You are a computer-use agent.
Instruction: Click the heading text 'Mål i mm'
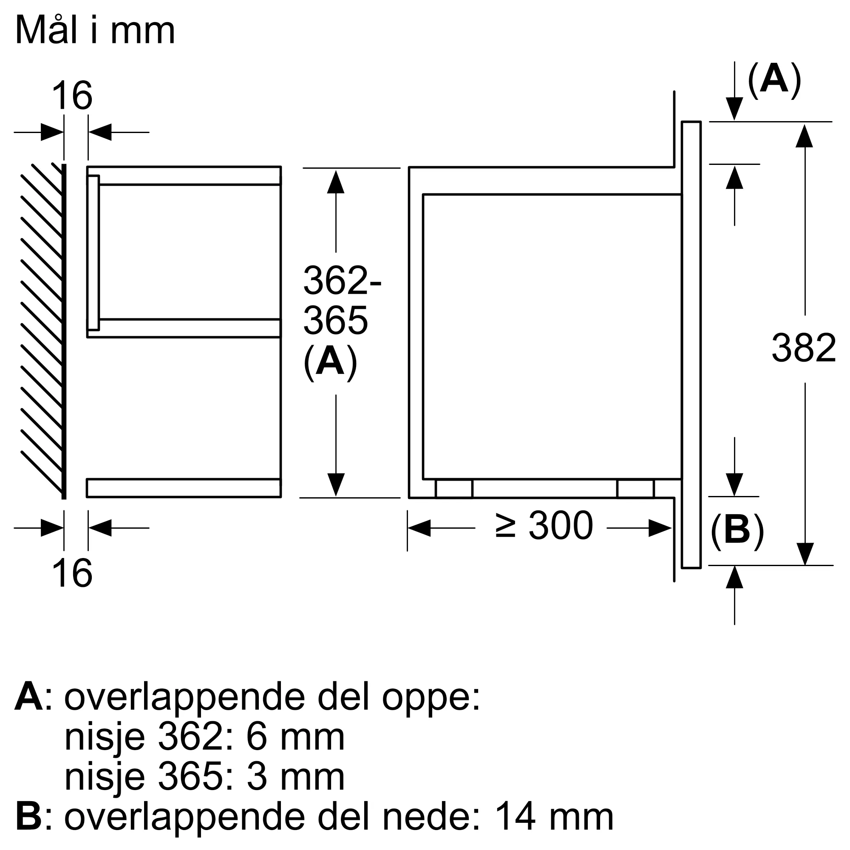point(95,31)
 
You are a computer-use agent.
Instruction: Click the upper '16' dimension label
point(72,96)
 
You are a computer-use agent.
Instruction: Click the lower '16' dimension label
point(72,573)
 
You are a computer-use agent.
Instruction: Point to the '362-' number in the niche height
point(342,280)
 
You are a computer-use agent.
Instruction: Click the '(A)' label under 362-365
point(330,362)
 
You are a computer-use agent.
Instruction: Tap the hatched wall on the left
point(42,330)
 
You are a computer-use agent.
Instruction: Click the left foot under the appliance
point(453,489)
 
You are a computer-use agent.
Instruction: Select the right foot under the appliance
point(635,489)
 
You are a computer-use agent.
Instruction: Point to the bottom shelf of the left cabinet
point(184,488)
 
